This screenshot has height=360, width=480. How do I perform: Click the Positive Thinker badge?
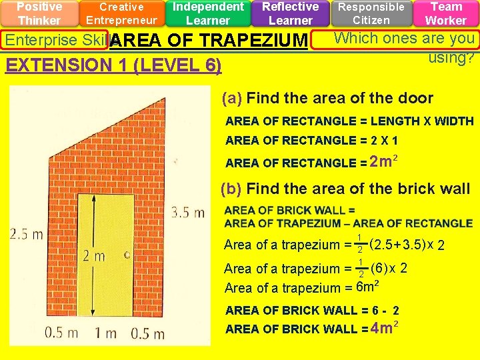coord(39,13)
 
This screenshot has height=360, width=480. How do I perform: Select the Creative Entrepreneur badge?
coord(121,13)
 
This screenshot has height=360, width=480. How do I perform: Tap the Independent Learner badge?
coord(207,13)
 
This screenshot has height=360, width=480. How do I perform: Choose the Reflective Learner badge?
coord(290,13)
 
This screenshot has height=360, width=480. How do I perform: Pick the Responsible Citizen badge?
coord(371,13)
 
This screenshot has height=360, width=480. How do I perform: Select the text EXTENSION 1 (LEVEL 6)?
coord(113,65)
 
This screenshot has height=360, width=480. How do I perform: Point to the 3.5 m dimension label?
coord(187,213)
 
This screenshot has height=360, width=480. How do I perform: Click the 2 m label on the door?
coord(94,255)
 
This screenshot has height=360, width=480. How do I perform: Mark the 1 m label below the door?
coord(106,333)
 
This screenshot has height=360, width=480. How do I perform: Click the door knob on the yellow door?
coord(125,255)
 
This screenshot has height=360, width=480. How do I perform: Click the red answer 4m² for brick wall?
coord(384,328)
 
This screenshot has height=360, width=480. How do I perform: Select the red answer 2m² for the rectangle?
coord(384,161)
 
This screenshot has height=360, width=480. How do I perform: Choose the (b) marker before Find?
coord(231,189)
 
